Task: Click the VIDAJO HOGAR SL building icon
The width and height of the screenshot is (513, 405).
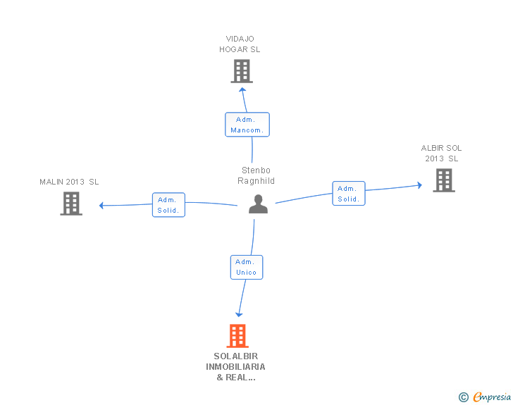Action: coord(242,71)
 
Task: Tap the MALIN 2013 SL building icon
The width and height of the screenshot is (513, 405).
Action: coord(71,204)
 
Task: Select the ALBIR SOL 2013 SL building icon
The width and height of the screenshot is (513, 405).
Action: coord(444,180)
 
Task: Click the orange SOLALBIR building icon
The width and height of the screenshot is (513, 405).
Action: coord(237,336)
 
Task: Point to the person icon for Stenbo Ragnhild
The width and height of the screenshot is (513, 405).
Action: coord(258,204)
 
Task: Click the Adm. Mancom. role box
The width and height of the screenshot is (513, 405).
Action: coord(247,125)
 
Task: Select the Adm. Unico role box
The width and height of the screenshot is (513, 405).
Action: coord(247,267)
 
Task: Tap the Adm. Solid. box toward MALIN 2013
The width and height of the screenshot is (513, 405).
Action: coord(169,205)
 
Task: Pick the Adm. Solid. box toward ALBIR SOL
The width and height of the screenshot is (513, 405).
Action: coord(349,193)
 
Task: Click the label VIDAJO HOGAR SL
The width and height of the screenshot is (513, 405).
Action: coord(240,44)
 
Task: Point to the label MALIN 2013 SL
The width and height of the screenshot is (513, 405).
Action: coord(69,182)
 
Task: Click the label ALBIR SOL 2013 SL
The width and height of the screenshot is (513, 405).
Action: coord(441,154)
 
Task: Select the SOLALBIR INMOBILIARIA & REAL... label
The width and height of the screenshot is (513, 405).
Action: coord(235,367)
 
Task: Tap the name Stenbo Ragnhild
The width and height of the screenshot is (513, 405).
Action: coord(256,175)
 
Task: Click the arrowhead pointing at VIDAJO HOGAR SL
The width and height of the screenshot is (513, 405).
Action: coord(242,89)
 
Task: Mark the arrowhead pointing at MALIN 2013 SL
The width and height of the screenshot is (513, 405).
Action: coord(101,206)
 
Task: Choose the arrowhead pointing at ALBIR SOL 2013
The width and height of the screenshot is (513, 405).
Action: coord(420,185)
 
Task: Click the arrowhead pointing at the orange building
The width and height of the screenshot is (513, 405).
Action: coord(239,315)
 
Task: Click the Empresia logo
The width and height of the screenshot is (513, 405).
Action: coord(492,397)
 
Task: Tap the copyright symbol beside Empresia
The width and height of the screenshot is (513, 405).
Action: coord(464,397)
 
